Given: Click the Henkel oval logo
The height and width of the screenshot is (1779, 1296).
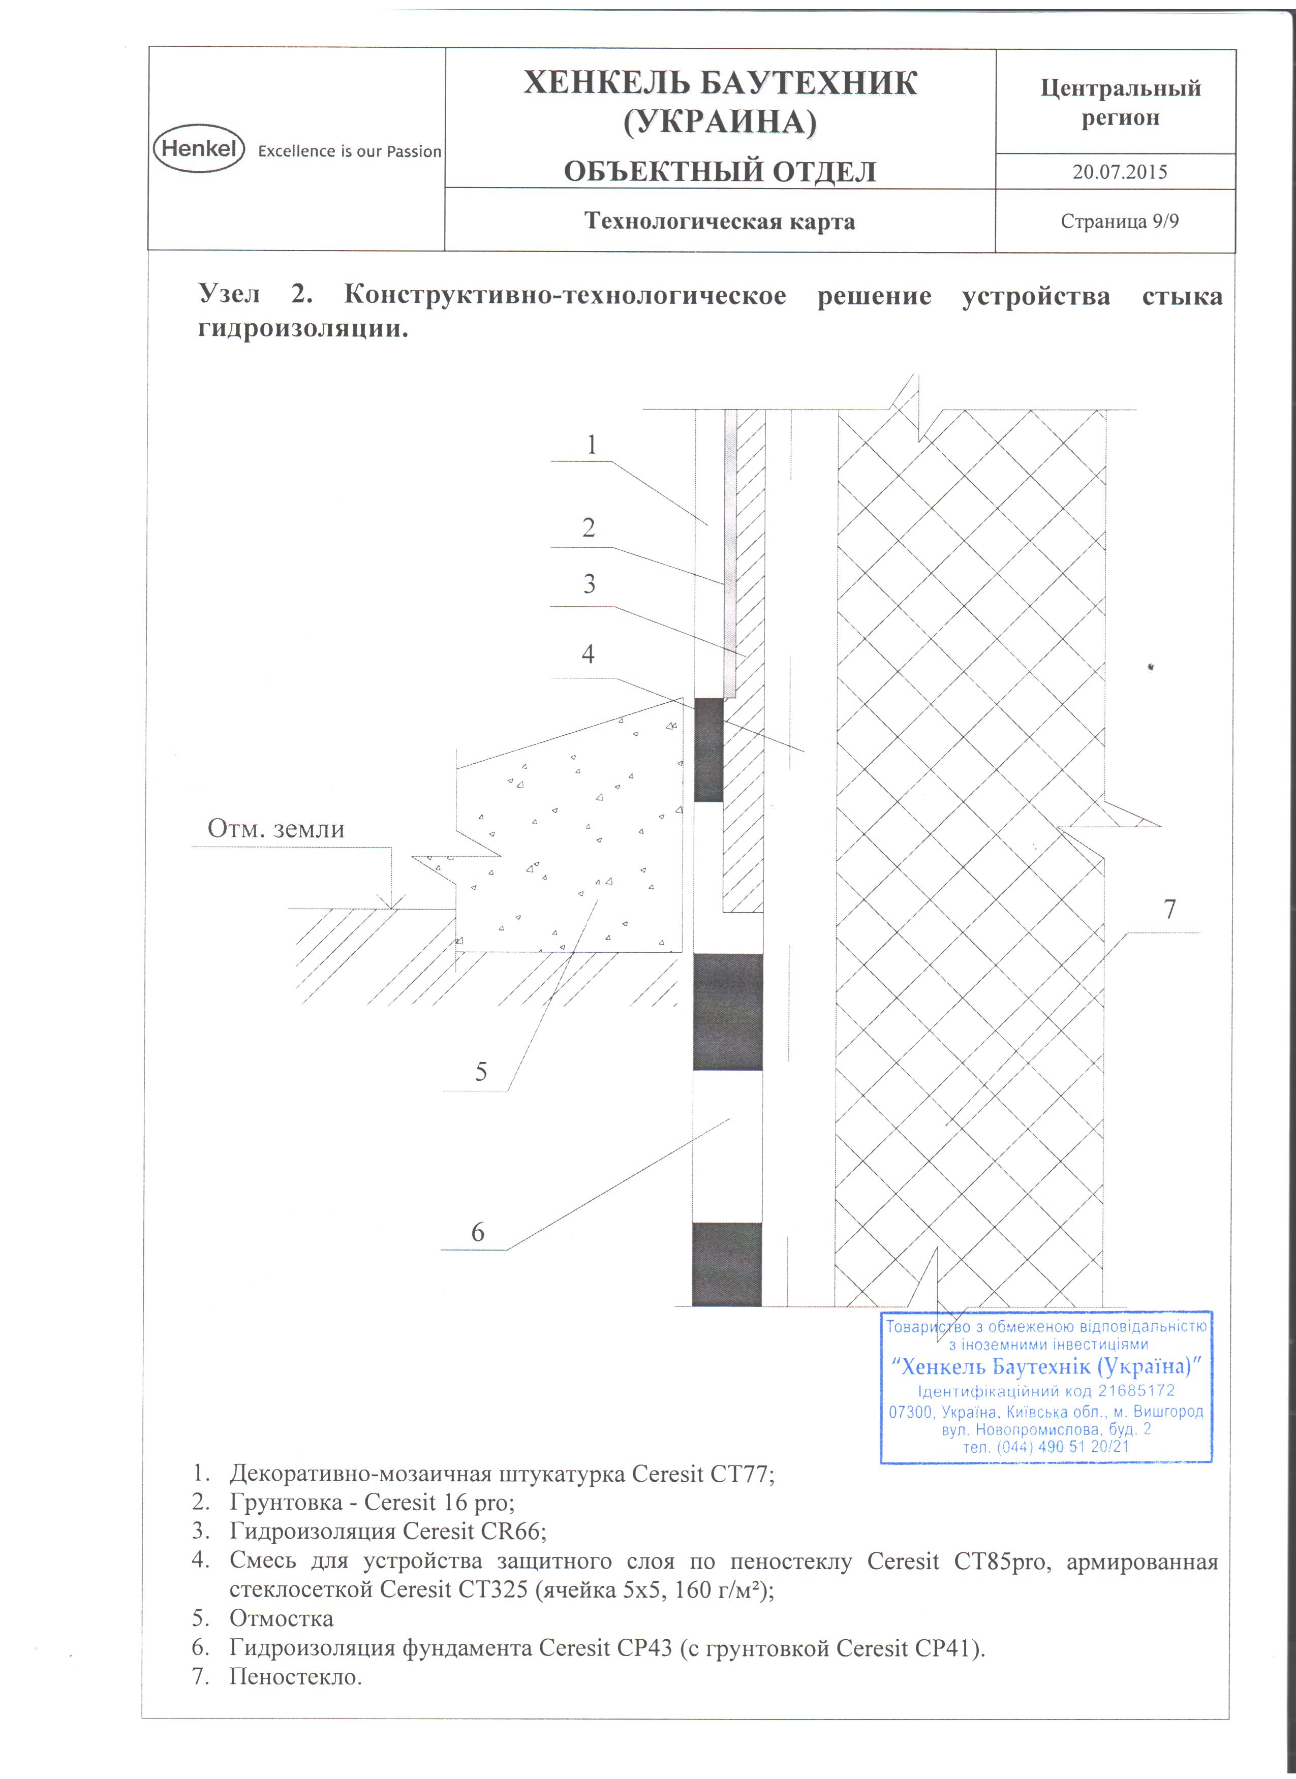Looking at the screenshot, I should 199,147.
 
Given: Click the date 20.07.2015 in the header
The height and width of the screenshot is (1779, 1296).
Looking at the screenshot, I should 1120,172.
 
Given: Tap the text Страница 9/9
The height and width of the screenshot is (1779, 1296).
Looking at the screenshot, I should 1120,221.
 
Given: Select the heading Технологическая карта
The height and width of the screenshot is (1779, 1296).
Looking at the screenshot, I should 719,221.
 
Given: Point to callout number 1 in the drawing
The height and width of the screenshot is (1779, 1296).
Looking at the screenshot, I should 592,445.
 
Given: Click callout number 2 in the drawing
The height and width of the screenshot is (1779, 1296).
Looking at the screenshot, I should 589,527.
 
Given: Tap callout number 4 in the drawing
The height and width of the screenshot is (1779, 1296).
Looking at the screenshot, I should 588,654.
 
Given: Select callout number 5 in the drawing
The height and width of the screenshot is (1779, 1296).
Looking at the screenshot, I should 481,1072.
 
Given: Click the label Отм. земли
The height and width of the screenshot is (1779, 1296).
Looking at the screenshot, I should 275,829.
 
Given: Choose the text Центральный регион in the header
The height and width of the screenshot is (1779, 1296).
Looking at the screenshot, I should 1120,103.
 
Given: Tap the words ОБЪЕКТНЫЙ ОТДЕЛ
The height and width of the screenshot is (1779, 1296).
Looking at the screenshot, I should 719,172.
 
